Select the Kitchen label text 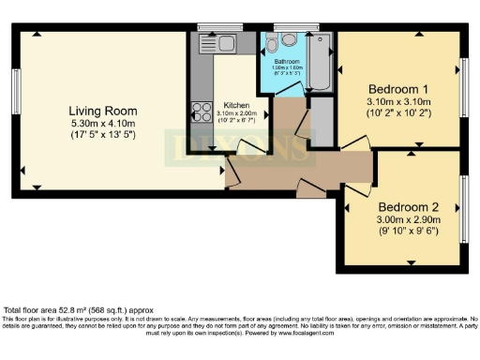[x=236, y=105]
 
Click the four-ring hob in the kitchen [x=202, y=112]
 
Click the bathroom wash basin [x=271, y=43]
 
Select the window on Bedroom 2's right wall [x=463, y=206]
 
